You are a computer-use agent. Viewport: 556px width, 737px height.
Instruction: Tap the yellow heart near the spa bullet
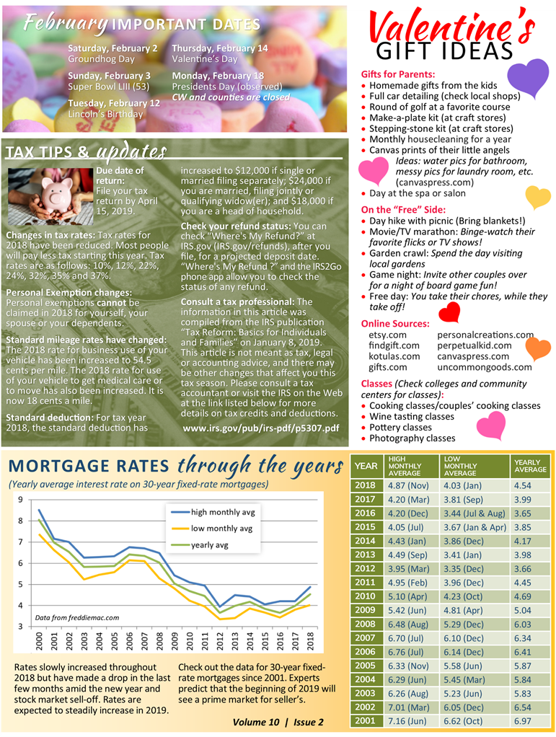[x=537, y=196]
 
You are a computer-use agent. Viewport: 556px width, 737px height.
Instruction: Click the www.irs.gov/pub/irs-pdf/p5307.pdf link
[x=260, y=428]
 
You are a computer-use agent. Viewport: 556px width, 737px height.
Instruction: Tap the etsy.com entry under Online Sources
[x=387, y=335]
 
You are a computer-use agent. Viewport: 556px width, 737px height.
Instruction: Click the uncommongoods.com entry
[x=485, y=367]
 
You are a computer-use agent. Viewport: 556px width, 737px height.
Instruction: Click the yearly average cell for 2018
[x=523, y=486]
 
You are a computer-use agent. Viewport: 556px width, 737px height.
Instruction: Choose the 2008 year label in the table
[x=365, y=624]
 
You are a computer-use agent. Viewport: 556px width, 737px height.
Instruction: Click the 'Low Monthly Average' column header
[x=462, y=466]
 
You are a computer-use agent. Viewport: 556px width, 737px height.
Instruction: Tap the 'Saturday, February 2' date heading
[x=112, y=48]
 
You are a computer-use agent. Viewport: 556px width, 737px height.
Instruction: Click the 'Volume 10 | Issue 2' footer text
[x=278, y=722]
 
